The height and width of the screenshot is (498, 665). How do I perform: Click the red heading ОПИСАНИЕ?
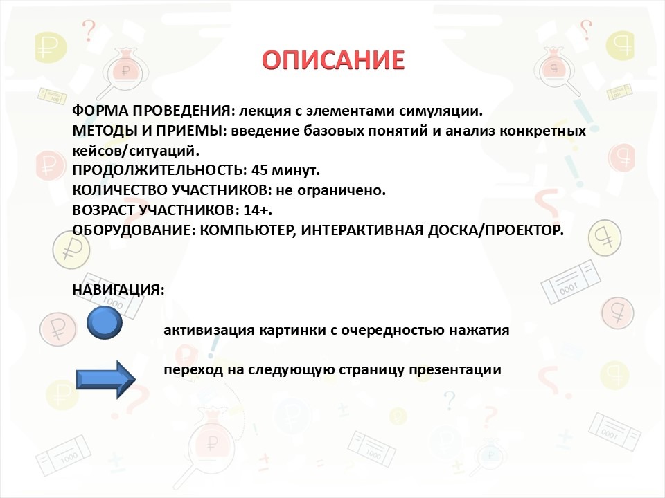(333, 59)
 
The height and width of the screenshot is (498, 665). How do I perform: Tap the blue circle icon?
(105, 323)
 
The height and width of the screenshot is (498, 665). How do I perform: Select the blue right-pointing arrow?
(106, 380)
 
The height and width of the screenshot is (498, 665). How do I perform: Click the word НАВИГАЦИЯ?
(118, 290)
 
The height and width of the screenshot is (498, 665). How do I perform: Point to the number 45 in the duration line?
(260, 170)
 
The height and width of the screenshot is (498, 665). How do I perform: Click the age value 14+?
(258, 210)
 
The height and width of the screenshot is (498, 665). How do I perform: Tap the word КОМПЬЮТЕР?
(248, 230)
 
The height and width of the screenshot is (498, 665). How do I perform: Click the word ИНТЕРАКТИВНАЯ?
(362, 230)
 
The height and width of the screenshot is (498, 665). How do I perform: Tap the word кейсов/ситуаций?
(136, 151)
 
